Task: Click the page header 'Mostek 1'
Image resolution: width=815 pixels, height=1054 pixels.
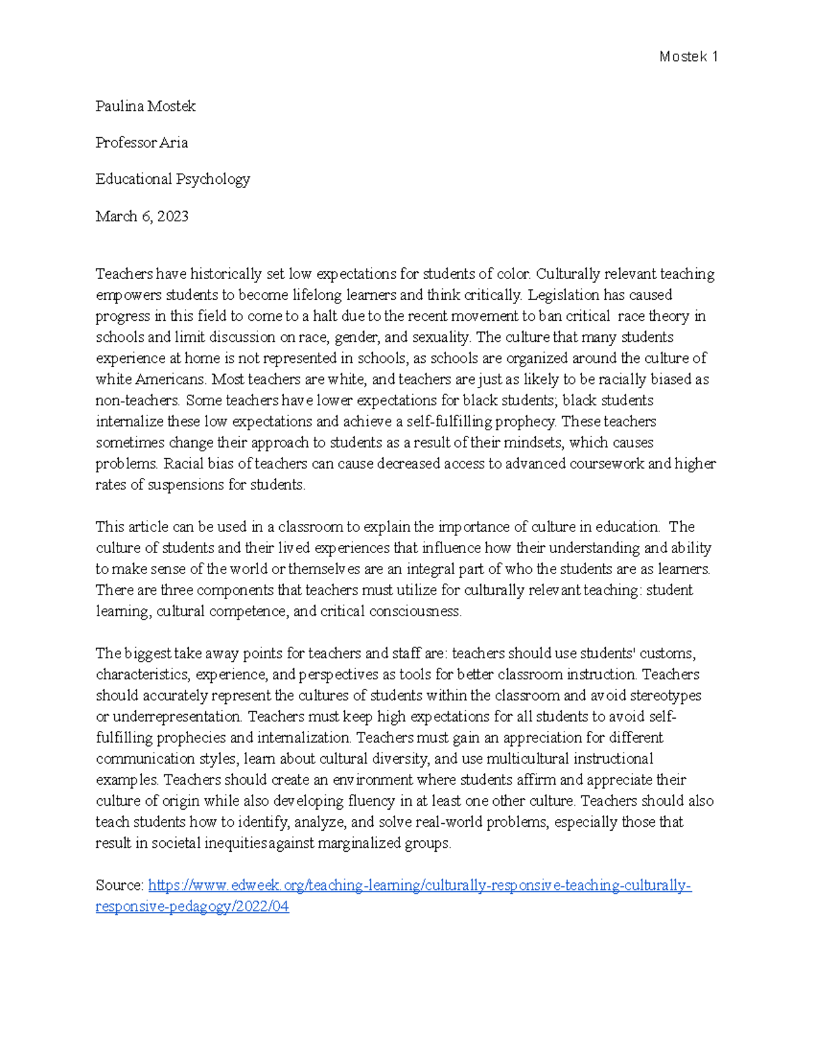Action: pyautogui.click(x=688, y=57)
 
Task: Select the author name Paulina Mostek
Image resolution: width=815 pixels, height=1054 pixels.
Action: pyautogui.click(x=145, y=107)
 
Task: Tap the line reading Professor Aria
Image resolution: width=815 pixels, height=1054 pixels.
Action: pyautogui.click(x=141, y=143)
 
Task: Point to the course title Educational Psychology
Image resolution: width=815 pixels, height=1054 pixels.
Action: pyautogui.click(x=173, y=180)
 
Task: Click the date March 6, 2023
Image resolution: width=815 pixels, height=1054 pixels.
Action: pyautogui.click(x=142, y=217)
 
